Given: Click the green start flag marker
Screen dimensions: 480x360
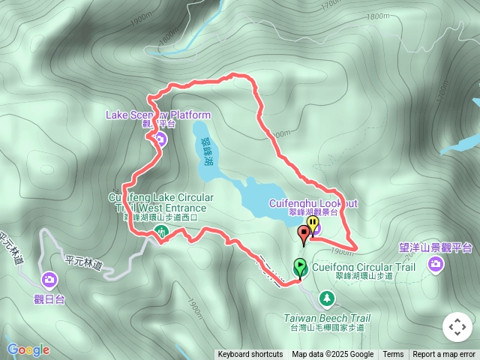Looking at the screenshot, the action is point(300,266).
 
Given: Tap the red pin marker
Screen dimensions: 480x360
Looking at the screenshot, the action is point(304,234).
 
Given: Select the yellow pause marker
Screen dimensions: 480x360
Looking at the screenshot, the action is point(311,226).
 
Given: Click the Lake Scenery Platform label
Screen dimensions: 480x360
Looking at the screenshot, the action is point(158,115).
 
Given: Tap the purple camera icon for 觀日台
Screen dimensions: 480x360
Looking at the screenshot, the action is point(49,280).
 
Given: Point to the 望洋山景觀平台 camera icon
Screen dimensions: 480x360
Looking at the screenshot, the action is point(436,263).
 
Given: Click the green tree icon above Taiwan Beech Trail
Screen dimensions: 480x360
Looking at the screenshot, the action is point(327,299).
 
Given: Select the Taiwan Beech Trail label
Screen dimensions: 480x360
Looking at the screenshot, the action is point(327,318).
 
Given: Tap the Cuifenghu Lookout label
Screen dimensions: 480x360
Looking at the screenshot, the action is point(313,203).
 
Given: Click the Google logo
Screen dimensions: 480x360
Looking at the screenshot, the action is point(28,349).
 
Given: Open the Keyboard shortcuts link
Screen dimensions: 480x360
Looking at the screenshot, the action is point(250,355).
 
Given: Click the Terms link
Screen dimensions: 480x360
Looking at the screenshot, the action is point(393,355).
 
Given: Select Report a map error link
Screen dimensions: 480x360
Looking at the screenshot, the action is point(444,355).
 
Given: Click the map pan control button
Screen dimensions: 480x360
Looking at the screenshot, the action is point(457,328).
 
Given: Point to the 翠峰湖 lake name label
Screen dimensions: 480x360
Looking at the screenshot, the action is point(205,151).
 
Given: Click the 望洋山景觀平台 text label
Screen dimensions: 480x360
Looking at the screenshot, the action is point(436,247).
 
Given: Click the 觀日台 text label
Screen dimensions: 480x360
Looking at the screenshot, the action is point(49,298).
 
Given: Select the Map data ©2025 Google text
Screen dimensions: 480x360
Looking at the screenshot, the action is point(333,355).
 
